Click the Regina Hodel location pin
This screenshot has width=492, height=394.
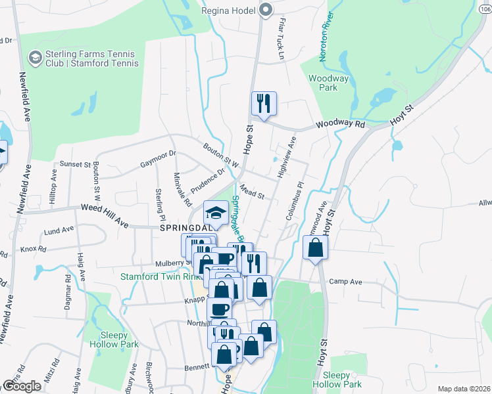(266, 10)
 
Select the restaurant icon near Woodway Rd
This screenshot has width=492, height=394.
(264, 104)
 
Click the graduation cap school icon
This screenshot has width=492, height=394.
(215, 213)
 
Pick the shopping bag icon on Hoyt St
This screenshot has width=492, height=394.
(316, 248)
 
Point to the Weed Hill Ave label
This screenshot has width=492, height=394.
(104, 208)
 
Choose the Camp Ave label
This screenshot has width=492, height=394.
(346, 282)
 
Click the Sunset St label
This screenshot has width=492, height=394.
(76, 164)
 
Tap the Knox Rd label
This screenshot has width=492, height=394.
(33, 250)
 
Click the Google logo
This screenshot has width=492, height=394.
(21, 385)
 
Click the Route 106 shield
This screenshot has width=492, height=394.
(485, 9)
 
